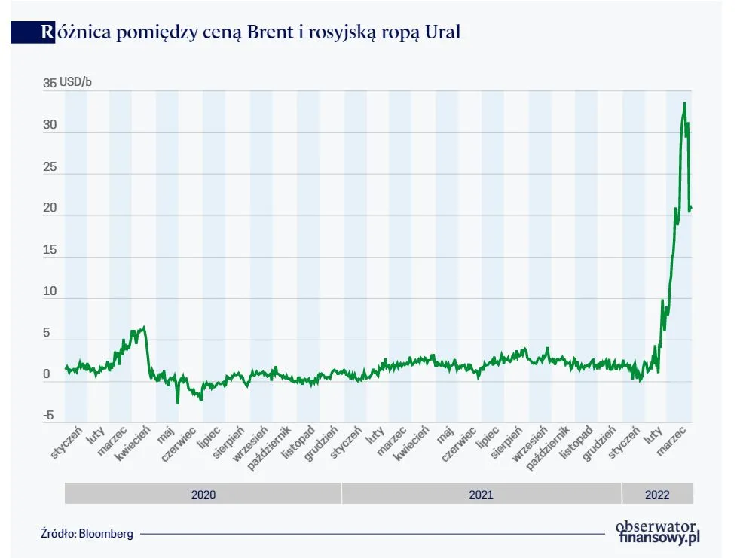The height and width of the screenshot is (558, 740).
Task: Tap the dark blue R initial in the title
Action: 47,32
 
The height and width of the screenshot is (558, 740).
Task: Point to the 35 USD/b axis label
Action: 66,83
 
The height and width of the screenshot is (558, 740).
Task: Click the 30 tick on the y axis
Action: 50,125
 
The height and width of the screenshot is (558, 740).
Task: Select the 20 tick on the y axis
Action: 50,208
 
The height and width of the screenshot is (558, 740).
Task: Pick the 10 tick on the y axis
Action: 50,291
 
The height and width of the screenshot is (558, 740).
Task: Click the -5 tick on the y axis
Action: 48,415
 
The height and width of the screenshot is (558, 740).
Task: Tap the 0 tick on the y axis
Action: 47,374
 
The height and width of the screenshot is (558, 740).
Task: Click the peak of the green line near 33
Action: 684,103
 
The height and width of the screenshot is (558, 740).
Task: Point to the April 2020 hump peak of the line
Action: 143,327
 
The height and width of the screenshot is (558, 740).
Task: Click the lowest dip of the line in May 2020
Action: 178,403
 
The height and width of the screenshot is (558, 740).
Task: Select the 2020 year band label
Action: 203,495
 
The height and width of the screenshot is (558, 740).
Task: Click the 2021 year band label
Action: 481,495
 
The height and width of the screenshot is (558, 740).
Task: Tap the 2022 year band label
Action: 656,495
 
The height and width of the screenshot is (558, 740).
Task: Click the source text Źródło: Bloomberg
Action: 87,533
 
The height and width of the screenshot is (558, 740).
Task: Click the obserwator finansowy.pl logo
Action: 658,532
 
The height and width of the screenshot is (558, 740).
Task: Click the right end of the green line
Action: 691,208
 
